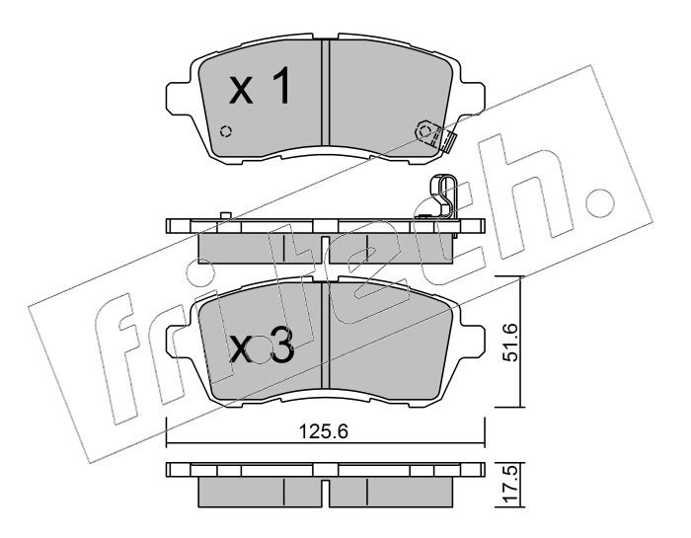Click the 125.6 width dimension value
click(324, 431)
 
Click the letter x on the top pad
click(241, 91)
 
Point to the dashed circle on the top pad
click(226, 131)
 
